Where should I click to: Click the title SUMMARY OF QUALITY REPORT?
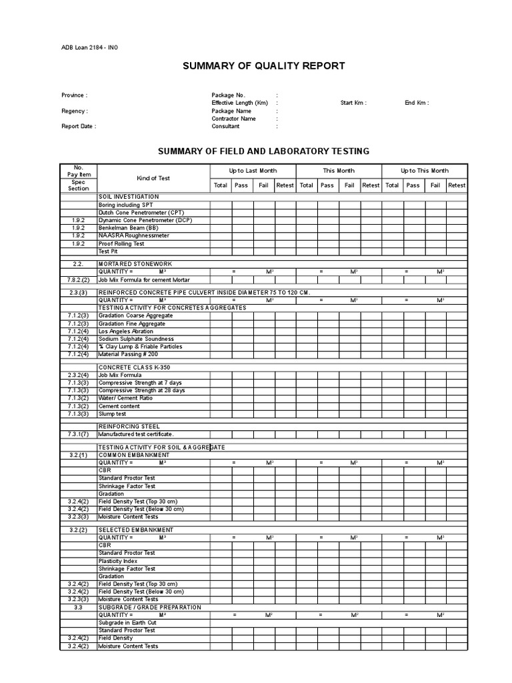pyautogui.click(x=263, y=65)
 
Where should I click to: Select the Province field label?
pyautogui.click(x=74, y=95)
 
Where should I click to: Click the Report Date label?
pyautogui.click(x=79, y=126)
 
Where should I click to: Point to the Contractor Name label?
pyautogui.click(x=233, y=119)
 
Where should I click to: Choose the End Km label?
pyautogui.click(x=417, y=103)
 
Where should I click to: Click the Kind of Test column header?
pyautogui.click(x=153, y=178)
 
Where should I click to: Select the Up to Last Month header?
pyautogui.click(x=253, y=171)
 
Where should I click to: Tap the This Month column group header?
pyautogui.click(x=339, y=171)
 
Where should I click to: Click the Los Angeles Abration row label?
pyautogui.click(x=126, y=331)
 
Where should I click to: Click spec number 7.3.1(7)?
pyautogui.click(x=79, y=434)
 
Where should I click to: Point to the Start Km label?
pyautogui.click(x=353, y=103)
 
